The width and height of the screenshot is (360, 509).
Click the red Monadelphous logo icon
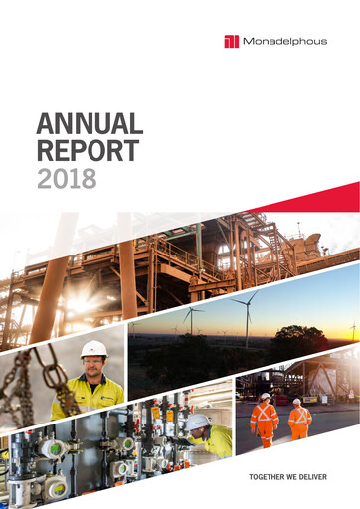click(232, 41)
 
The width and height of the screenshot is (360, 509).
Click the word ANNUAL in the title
click(90, 125)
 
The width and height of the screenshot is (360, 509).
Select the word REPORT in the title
click(87, 152)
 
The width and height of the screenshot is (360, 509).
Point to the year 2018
click(67, 179)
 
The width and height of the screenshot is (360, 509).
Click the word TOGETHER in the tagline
click(270, 478)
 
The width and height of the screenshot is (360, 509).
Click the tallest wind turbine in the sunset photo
click(245, 316)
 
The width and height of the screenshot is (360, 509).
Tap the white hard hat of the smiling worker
click(93, 349)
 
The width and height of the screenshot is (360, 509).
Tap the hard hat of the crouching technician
click(198, 423)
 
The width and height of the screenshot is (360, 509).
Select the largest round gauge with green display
click(52, 448)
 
